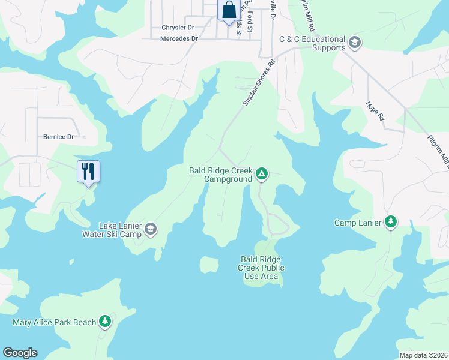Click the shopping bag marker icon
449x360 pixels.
pos(228,10)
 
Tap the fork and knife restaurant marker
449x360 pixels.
pos(88,172)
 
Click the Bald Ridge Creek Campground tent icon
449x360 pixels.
pos(261,174)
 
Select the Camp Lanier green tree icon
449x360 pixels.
pos(391,223)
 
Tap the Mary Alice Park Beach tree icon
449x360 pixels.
pos(106,322)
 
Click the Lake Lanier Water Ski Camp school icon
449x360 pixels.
pos(150,229)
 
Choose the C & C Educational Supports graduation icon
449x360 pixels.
pos(354,42)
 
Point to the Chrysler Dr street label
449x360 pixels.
pos(178,28)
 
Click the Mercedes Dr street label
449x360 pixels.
pos(179,38)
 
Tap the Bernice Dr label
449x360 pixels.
pos(58,137)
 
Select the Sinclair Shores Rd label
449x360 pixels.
pos(259,83)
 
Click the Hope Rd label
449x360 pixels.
pos(375,111)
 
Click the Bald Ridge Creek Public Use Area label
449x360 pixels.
pos(261,268)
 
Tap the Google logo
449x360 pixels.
pos(20,353)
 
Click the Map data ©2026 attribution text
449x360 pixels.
pos(424,355)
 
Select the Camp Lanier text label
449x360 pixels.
pos(358,223)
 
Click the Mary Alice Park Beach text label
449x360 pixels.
pos(55,323)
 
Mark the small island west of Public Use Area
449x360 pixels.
pos(209,264)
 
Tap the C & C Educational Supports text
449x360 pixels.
pos(312,43)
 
